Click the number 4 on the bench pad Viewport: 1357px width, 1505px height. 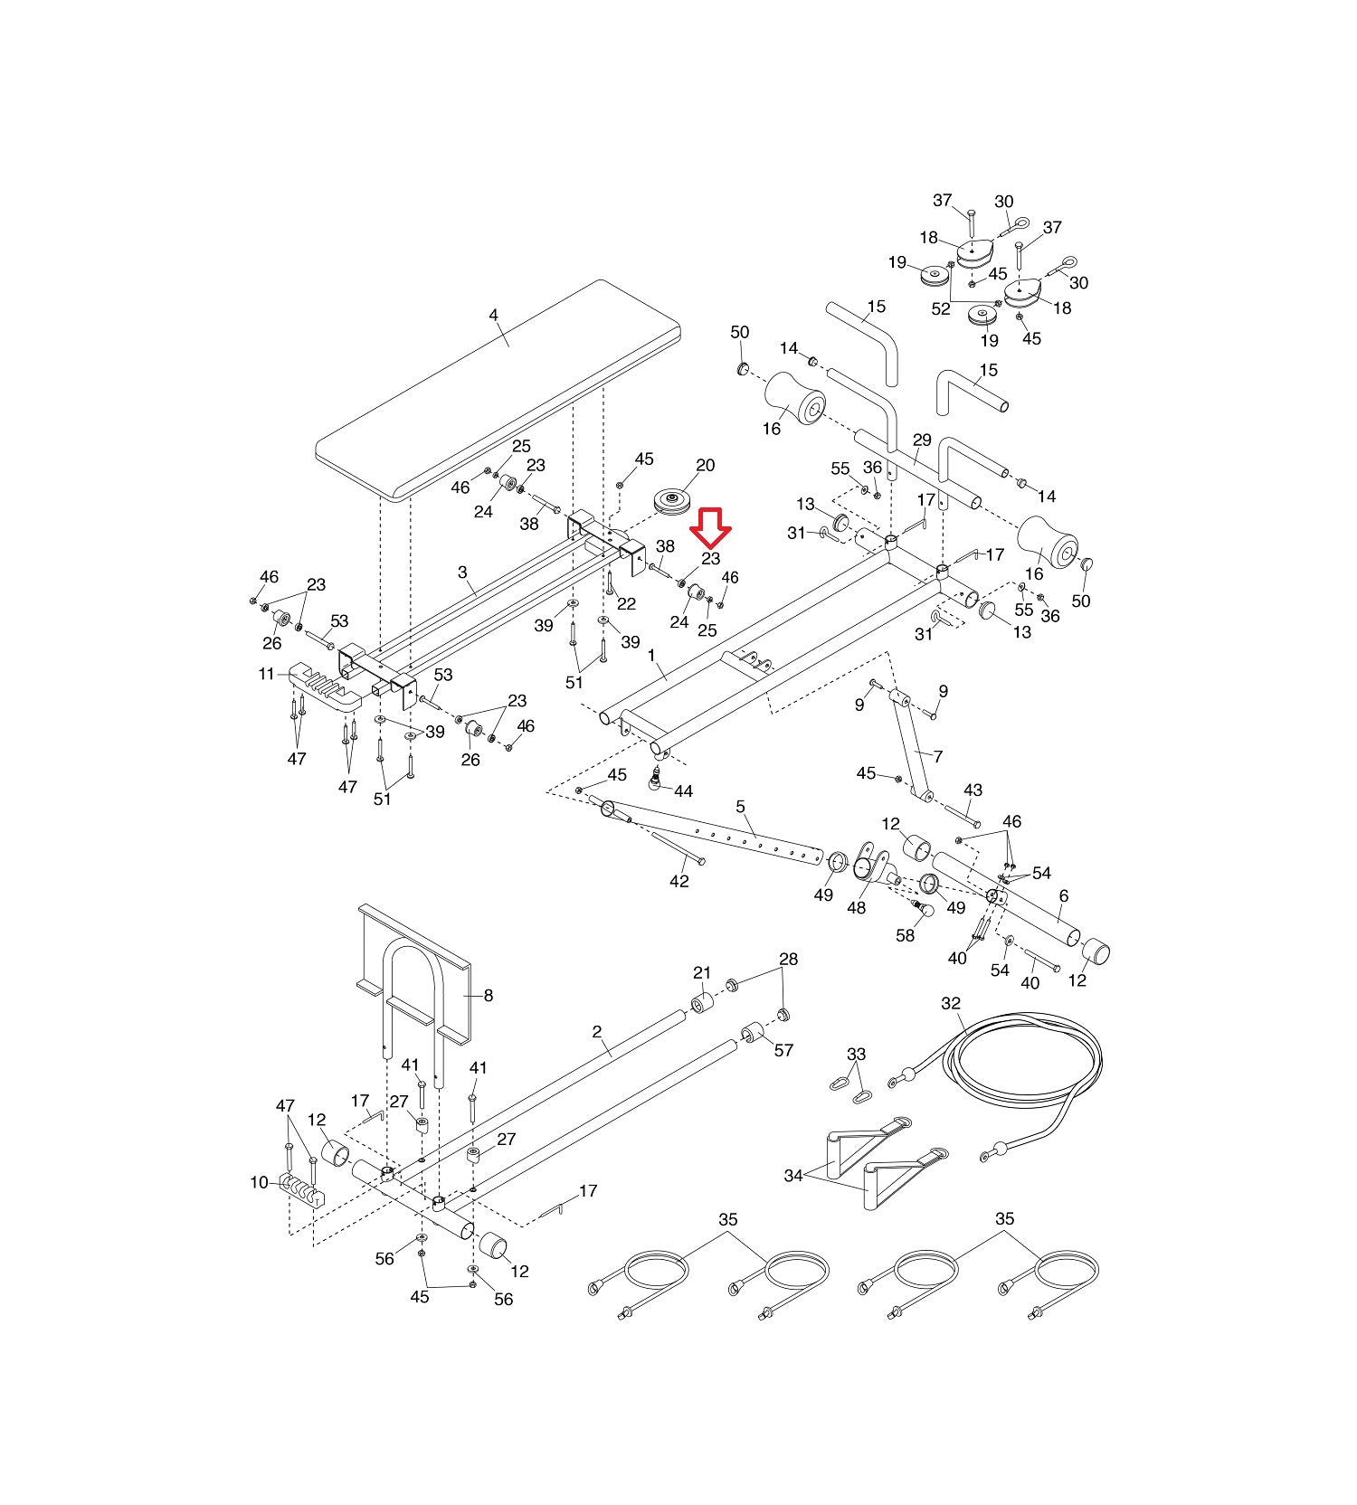tap(493, 316)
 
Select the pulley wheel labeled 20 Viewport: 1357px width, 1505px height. tap(672, 503)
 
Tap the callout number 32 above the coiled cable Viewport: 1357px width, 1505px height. tap(951, 1003)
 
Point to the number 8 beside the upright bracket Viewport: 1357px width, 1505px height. tap(489, 996)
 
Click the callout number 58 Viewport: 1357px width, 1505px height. tap(906, 936)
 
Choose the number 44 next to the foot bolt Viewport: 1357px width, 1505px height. tap(683, 791)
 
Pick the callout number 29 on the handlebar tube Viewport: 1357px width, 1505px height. tap(922, 440)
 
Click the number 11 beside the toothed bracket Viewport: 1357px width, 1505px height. tap(266, 674)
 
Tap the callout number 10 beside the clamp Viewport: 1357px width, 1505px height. tap(260, 1182)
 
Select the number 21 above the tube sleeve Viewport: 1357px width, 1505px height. tap(702, 973)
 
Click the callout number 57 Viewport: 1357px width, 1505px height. tap(783, 1050)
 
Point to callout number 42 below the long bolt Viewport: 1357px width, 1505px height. tap(679, 881)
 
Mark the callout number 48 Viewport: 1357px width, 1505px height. tap(856, 907)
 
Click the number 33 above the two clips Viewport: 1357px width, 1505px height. tap(856, 1054)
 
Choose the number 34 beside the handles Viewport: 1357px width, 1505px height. tap(793, 1176)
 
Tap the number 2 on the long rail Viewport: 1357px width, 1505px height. tap(597, 1031)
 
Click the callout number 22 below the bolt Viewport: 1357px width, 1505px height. tap(626, 604)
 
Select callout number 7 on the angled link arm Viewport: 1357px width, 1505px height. tap(938, 756)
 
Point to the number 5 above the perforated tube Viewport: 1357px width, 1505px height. tap(741, 806)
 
